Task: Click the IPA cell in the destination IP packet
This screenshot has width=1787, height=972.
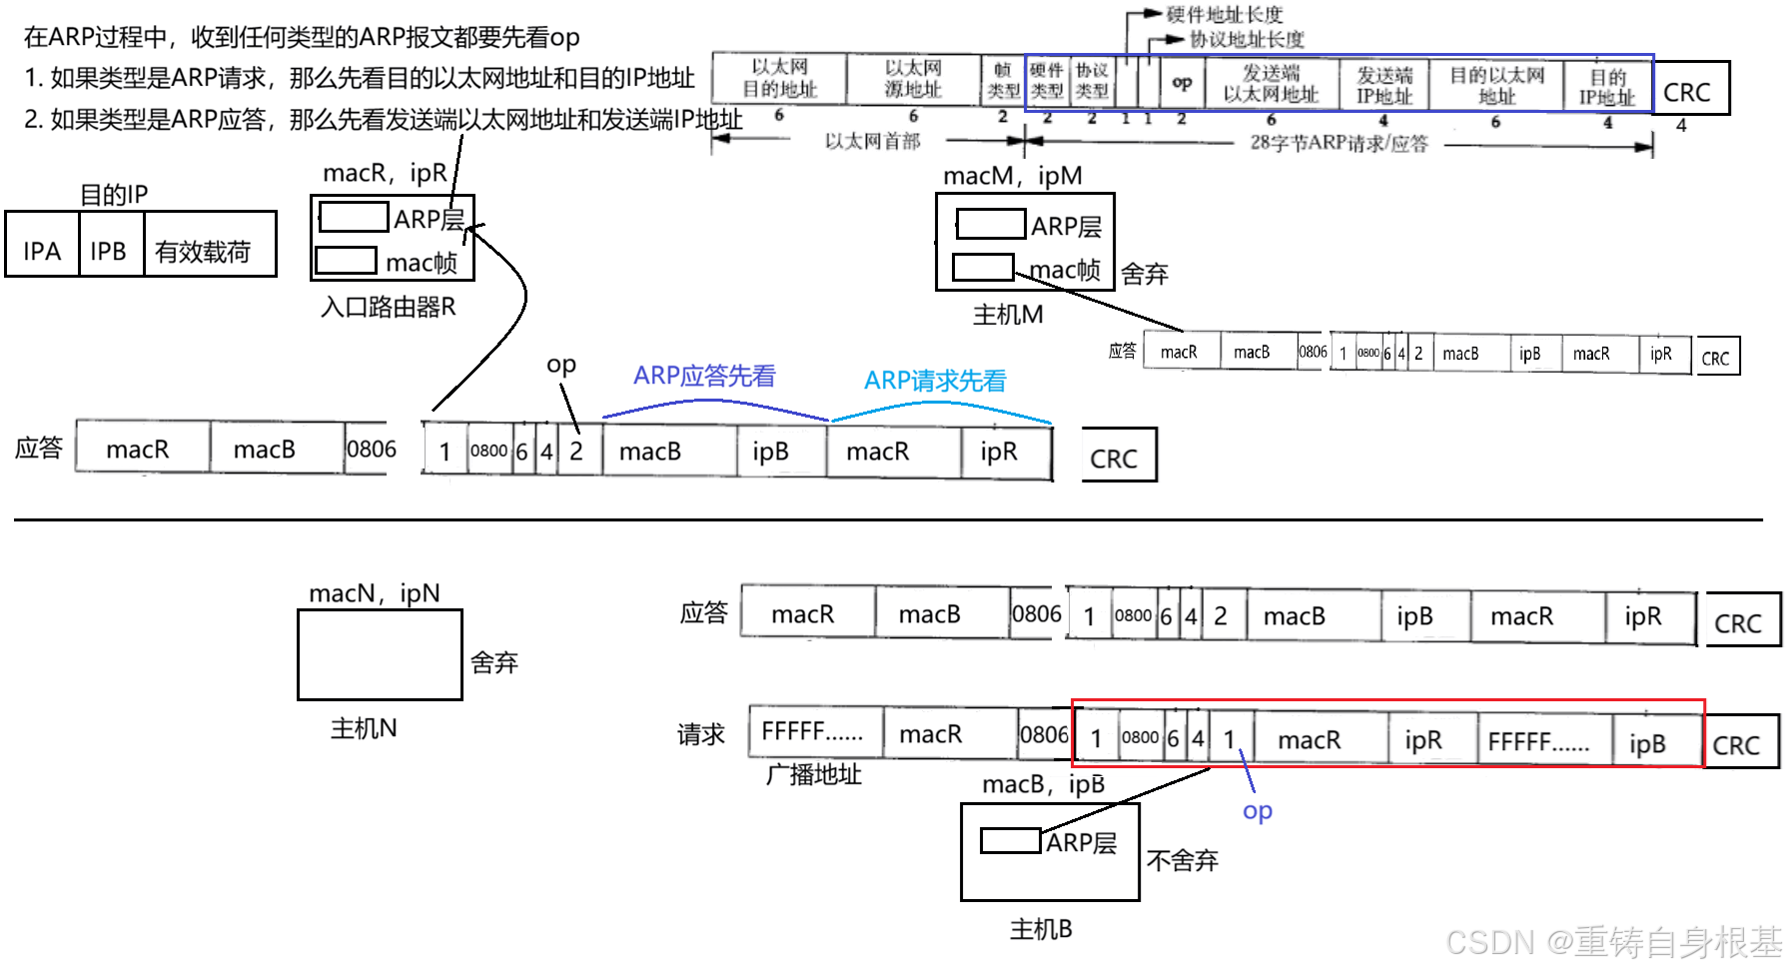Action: [x=42, y=250]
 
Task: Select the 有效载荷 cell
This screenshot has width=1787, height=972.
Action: [x=203, y=251]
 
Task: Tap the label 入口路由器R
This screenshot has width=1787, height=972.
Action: [x=388, y=307]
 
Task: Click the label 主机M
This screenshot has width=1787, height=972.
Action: [x=1007, y=315]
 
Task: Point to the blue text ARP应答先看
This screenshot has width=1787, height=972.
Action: [x=704, y=376]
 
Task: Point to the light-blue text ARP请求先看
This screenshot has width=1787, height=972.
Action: [x=935, y=381]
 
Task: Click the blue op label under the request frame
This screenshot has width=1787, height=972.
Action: [x=1257, y=811]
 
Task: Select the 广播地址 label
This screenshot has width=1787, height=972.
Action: [x=813, y=774]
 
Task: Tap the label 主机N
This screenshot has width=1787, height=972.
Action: [x=364, y=728]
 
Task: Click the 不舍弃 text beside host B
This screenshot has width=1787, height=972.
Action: [x=1182, y=860]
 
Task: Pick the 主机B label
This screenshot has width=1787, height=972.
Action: [x=1040, y=929]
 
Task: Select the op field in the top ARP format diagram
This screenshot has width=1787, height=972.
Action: [x=1182, y=83]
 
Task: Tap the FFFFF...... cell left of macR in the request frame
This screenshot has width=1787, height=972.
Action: [x=813, y=732]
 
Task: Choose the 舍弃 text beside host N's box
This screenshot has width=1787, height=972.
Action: [x=493, y=662]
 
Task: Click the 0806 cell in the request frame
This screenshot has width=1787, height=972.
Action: [x=1044, y=734]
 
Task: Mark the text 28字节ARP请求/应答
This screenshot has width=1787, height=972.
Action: [x=1339, y=143]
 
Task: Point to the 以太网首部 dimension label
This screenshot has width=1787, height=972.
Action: [x=872, y=142]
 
